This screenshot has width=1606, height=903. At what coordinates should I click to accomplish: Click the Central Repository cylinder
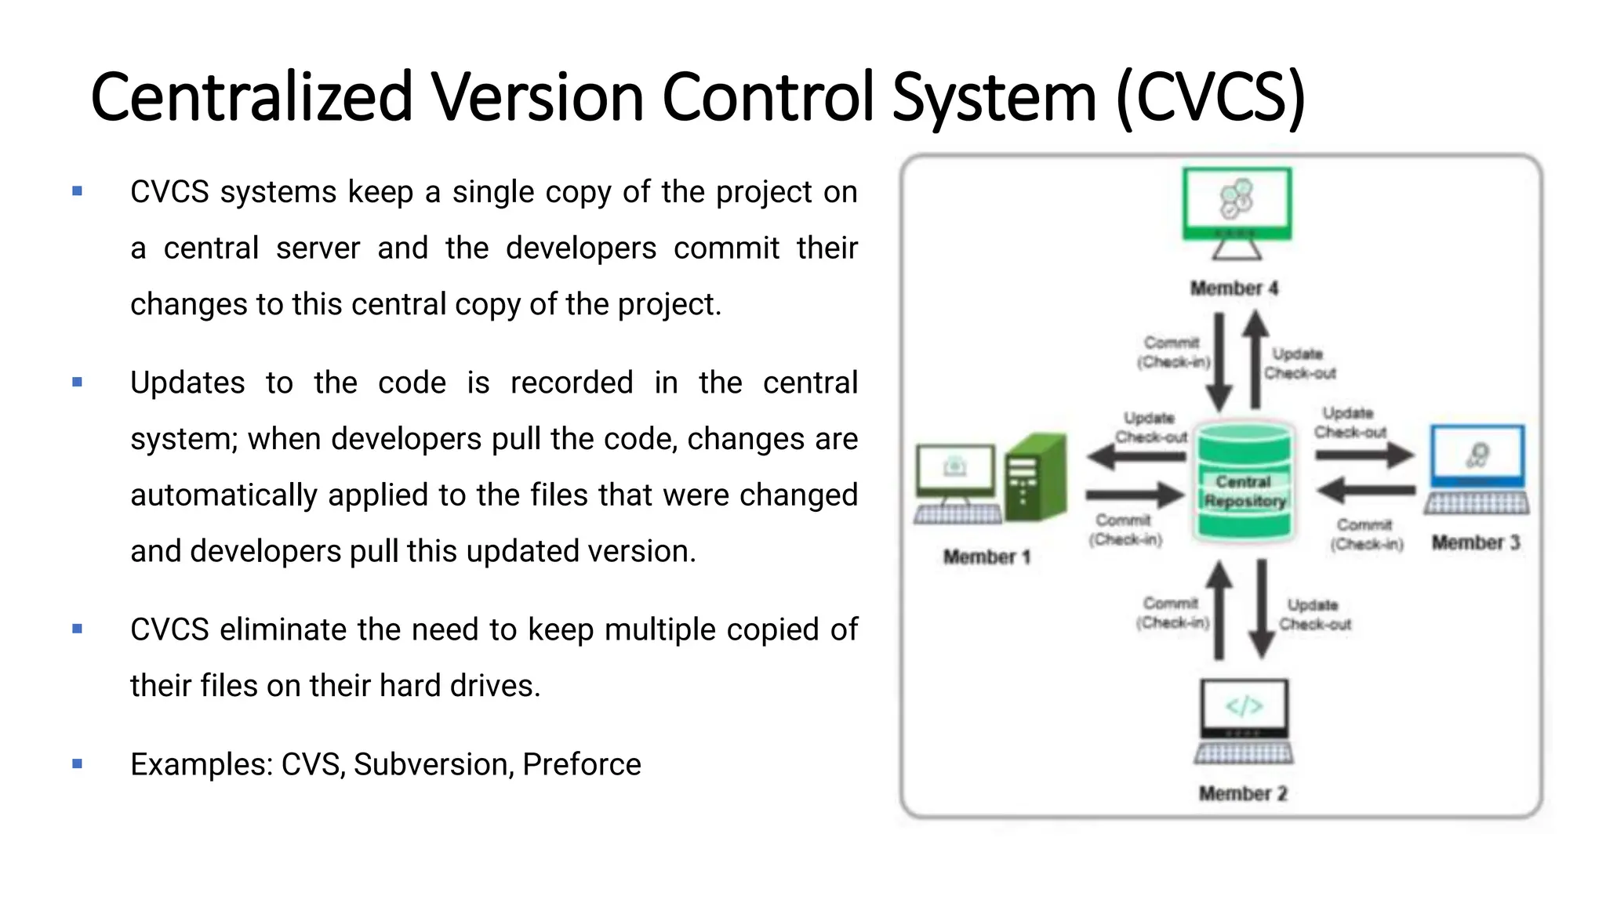[x=1244, y=482]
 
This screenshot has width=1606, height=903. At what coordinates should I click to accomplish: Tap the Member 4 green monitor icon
[x=1237, y=208]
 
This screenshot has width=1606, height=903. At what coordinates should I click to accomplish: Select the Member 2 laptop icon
[x=1244, y=720]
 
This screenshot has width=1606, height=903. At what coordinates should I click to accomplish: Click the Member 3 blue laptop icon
[x=1477, y=468]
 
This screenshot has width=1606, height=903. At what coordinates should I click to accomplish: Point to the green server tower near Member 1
[x=1037, y=478]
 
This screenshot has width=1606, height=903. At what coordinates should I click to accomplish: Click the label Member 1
[x=986, y=557]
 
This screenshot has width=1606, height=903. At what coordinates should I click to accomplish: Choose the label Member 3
[x=1476, y=542]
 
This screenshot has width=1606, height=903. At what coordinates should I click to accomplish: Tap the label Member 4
[x=1234, y=288]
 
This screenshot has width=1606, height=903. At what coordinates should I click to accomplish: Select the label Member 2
[x=1243, y=793]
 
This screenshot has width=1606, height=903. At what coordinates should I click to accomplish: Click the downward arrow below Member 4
[x=1219, y=362]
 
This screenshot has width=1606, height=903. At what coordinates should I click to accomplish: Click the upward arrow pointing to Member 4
[x=1255, y=359]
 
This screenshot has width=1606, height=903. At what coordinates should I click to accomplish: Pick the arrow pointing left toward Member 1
[x=1135, y=456]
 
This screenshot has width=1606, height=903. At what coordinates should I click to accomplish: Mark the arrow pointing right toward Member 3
[x=1364, y=455]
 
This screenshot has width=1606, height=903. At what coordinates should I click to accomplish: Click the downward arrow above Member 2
[x=1262, y=609]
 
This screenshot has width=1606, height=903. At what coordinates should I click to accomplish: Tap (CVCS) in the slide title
[x=1210, y=98]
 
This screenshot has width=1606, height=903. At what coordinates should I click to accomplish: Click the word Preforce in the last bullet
[x=581, y=764]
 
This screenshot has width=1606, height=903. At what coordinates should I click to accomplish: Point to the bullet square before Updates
[x=77, y=383]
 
